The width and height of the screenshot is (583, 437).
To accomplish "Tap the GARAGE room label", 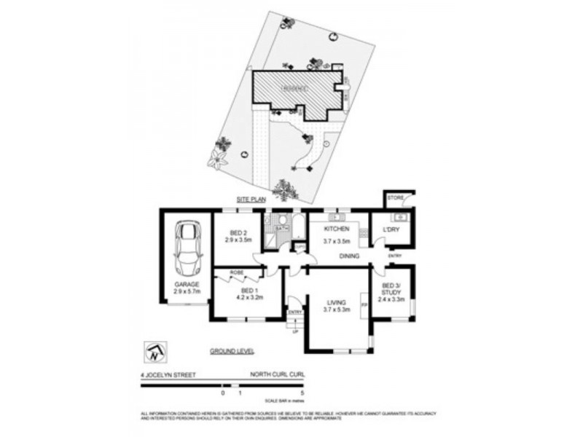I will coord(187,284).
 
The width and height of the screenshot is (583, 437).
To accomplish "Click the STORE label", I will coord(395,197).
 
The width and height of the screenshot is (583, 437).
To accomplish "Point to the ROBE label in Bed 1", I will coord(236,272).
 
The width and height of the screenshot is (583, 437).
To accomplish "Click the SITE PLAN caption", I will coord(250,199).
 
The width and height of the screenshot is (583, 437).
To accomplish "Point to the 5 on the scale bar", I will coord(302,393).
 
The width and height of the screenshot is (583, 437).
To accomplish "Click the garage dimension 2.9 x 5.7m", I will coord(187,291).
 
